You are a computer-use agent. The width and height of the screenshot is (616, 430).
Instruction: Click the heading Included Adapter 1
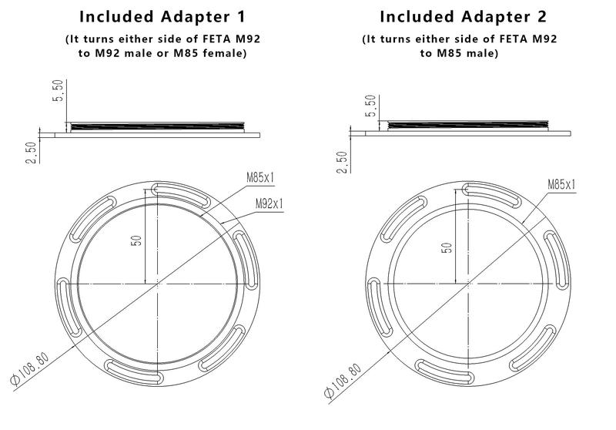[x=162, y=16]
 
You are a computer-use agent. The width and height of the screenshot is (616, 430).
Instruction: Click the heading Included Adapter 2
[x=463, y=16]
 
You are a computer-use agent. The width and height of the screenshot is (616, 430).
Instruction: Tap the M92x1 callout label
[x=269, y=203]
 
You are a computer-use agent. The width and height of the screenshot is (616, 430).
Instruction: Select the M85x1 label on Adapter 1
[x=260, y=178]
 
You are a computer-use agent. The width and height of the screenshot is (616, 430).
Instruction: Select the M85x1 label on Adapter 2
[x=561, y=184]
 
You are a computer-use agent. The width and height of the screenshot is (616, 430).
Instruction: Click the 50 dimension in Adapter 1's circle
[x=137, y=240]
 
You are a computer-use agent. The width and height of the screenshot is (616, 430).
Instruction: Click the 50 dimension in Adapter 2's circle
[x=447, y=247]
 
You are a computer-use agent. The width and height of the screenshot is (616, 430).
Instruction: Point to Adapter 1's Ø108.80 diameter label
[x=31, y=368]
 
